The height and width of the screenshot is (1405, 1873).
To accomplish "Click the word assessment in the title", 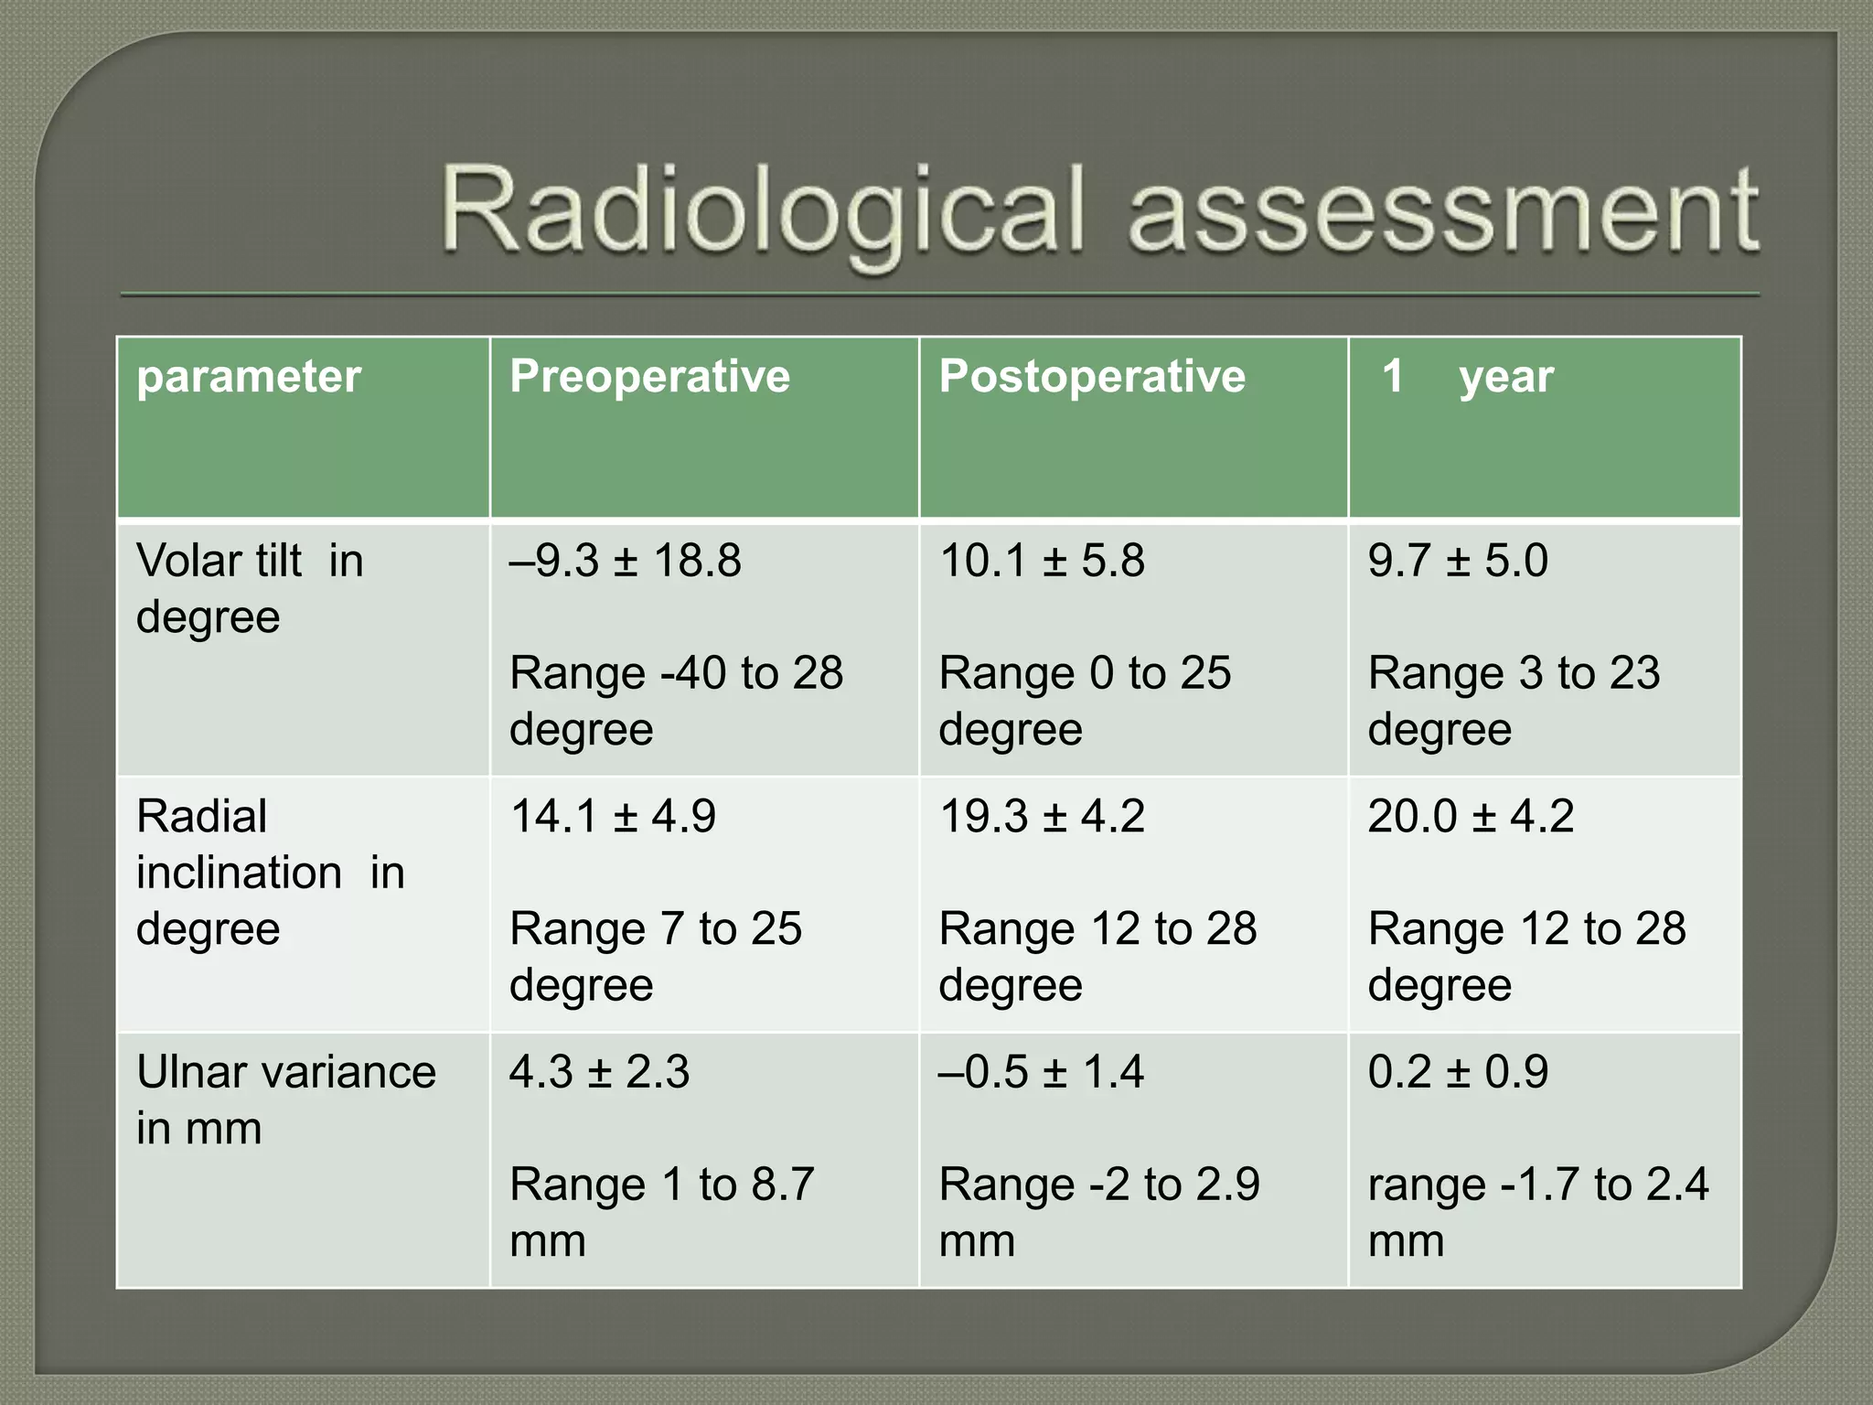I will (x=1442, y=212).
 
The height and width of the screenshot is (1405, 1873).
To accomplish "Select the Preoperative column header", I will (x=649, y=377).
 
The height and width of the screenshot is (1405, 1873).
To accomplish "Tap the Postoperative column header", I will (x=1092, y=377).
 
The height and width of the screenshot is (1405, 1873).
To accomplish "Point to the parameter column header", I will (x=249, y=377).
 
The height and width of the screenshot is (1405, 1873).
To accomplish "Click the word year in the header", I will (x=1506, y=377).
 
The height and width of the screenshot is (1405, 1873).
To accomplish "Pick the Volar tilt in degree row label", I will (x=250, y=588).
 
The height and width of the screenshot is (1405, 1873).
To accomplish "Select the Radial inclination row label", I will (x=270, y=872).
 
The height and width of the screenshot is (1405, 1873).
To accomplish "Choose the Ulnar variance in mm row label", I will (x=286, y=1099).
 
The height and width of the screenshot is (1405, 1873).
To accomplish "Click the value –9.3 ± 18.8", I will (x=626, y=560).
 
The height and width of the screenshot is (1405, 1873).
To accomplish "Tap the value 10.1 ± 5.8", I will (x=1042, y=560).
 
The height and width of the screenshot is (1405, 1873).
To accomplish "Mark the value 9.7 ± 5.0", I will (x=1458, y=560).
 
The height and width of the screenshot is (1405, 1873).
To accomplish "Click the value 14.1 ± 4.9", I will (x=613, y=816).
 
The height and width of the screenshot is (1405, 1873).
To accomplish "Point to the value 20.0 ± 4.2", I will (x=1471, y=816).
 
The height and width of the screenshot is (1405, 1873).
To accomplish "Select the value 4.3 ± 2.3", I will (x=599, y=1071).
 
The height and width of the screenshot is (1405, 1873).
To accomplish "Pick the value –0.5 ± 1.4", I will (x=1042, y=1071).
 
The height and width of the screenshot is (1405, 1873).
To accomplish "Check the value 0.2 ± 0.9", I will (x=1458, y=1071).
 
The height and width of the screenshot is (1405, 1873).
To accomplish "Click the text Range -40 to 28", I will (x=676, y=673).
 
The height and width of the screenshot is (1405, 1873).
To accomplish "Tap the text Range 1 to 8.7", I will (x=661, y=1185).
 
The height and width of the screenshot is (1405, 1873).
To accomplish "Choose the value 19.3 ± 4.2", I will (x=1042, y=816).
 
